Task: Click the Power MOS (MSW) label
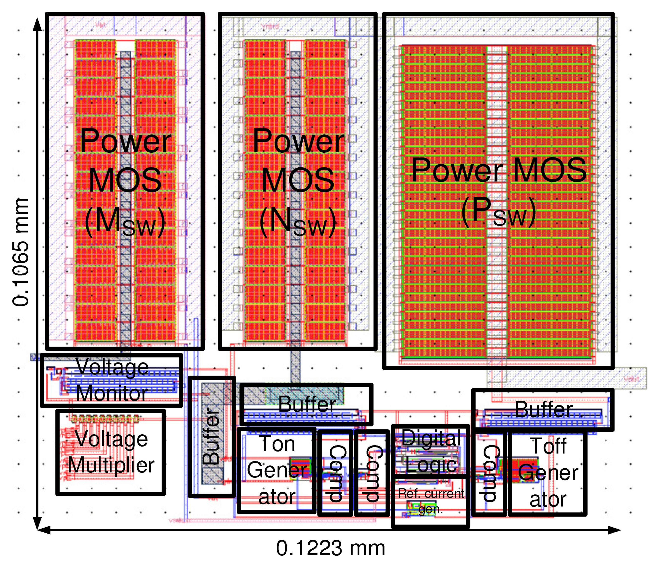[x=125, y=181]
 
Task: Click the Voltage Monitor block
[x=111, y=380]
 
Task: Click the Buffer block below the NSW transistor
[x=307, y=404]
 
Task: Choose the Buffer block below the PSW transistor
[x=543, y=410]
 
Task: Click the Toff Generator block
[x=548, y=473]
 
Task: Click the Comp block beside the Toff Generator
[x=489, y=473]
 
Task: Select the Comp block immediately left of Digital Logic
[x=372, y=473]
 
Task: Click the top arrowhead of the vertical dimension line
[x=37, y=24]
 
